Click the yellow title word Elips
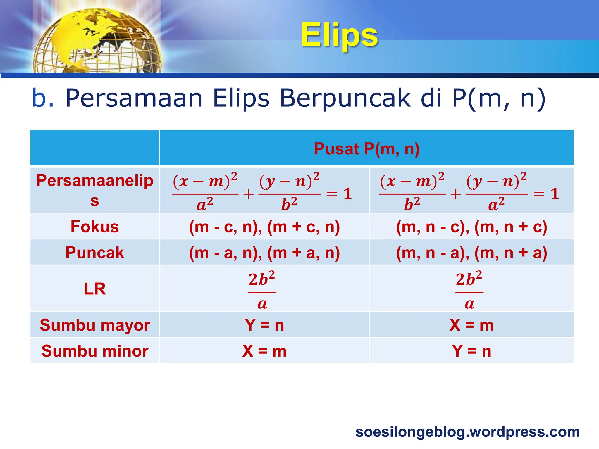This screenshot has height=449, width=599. coord(339,35)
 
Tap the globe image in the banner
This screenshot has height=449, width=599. coord(97,41)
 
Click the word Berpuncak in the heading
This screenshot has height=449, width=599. coord(345,98)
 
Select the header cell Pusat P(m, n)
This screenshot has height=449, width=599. coord(367,148)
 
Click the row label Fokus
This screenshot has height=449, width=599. coord(95,227)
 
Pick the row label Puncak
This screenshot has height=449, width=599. coord(95,253)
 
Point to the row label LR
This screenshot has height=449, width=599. coord(95,289)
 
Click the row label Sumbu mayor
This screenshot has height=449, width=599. coord(95,325)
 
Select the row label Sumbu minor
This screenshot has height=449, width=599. coord(95,351)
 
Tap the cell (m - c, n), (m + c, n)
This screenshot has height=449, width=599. coord(264,227)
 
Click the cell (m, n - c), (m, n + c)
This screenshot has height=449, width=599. coord(471,227)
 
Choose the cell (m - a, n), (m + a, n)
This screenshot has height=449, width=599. coord(264,253)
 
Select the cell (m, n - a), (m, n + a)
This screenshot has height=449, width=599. coord(471,253)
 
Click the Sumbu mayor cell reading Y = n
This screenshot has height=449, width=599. coord(264,325)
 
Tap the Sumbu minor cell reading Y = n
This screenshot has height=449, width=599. coord(471,351)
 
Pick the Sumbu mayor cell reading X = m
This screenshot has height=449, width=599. coord(471,325)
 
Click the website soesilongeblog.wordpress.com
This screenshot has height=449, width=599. coord(467,432)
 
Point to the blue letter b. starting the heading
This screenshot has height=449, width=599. coord(43,98)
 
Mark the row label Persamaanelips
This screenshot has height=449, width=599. coord(95,190)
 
